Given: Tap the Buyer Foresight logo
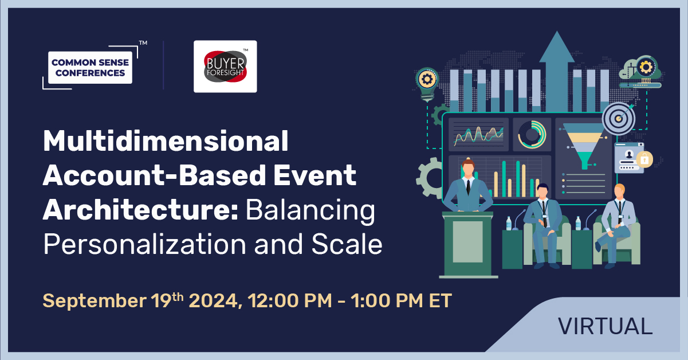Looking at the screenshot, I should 225,66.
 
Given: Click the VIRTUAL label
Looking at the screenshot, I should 605,326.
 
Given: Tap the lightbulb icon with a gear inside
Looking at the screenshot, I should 427,81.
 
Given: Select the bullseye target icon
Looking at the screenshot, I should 618,119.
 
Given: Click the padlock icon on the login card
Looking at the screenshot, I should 644,159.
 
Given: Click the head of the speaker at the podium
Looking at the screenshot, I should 468,169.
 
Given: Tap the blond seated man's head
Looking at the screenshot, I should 619,190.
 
